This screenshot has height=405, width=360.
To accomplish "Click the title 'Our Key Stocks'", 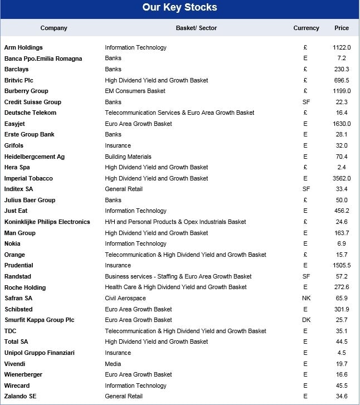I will pyautogui.click(x=179, y=8).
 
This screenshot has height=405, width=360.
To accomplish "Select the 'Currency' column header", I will pyautogui.click(x=306, y=28).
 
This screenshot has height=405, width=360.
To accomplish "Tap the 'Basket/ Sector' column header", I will pyautogui.click(x=196, y=28).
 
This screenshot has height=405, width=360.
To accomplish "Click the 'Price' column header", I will pyautogui.click(x=342, y=28).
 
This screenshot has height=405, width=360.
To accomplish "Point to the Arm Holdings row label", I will pyautogui.click(x=23, y=48).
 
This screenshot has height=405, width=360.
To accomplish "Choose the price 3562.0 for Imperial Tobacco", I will pyautogui.click(x=342, y=178).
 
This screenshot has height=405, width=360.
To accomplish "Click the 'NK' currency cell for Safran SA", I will pyautogui.click(x=306, y=299).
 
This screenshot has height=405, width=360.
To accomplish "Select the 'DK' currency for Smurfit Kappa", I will pyautogui.click(x=306, y=320).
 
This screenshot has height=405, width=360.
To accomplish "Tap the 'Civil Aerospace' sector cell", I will pyautogui.click(x=125, y=299).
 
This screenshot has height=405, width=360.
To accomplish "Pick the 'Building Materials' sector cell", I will pyautogui.click(x=128, y=157).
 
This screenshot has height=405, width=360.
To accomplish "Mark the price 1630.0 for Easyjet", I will pyautogui.click(x=342, y=124).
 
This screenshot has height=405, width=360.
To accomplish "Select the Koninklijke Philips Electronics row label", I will pyautogui.click(x=47, y=222).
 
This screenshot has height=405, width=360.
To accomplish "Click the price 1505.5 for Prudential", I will pyautogui.click(x=342, y=266).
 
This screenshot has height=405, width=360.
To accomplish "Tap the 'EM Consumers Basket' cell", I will pyautogui.click(x=135, y=91).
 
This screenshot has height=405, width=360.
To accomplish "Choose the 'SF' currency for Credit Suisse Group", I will pyautogui.click(x=306, y=102).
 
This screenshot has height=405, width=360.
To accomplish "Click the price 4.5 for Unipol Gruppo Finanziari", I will pyautogui.click(x=342, y=353).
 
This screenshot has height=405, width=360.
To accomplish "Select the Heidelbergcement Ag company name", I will pyautogui.click(x=35, y=157).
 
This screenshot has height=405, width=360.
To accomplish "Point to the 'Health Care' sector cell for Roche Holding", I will pyautogui.click(x=176, y=287).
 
